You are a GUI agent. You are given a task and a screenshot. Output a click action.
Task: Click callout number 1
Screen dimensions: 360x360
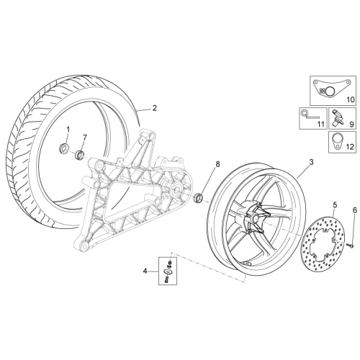pyautogui.click(x=68, y=130)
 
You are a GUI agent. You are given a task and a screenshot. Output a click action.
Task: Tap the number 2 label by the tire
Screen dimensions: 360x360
pyautogui.click(x=155, y=108)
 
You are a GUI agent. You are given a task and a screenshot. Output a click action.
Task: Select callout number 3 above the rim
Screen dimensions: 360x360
pyautogui.click(x=311, y=162)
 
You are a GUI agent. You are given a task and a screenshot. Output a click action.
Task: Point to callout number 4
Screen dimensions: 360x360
pyautogui.click(x=145, y=271)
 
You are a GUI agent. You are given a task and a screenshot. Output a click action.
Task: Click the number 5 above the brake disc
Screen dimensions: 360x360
pyautogui.click(x=335, y=205)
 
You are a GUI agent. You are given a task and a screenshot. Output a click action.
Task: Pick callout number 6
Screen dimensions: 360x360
pyautogui.click(x=355, y=210)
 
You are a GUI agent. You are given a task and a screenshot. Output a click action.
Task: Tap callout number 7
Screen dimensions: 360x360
pyautogui.click(x=84, y=138)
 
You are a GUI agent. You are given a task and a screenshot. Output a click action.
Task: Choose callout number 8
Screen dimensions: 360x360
pyautogui.click(x=217, y=164)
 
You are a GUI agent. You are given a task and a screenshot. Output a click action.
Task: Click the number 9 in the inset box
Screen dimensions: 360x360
pyautogui.click(x=351, y=125)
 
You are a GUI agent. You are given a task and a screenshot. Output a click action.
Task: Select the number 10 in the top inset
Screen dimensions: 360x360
pyautogui.click(x=351, y=99)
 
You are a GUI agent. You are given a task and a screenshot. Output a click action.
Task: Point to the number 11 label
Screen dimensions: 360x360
pyautogui.click(x=320, y=125)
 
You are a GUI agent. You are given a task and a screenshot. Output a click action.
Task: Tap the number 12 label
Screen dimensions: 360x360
pyautogui.click(x=350, y=147)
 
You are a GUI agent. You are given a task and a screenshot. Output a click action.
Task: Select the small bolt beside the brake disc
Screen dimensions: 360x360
pyautogui.click(x=351, y=246)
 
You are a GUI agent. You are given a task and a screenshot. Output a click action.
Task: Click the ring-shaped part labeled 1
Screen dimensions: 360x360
pyautogui.click(x=64, y=147)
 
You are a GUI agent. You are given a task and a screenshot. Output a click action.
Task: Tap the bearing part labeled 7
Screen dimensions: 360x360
pyautogui.click(x=80, y=154)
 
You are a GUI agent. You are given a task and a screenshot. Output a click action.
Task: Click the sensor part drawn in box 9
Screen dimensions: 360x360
pyautogui.click(x=336, y=119)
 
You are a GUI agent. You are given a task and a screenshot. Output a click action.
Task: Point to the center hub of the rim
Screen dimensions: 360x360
pyautogui.click(x=254, y=218)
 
